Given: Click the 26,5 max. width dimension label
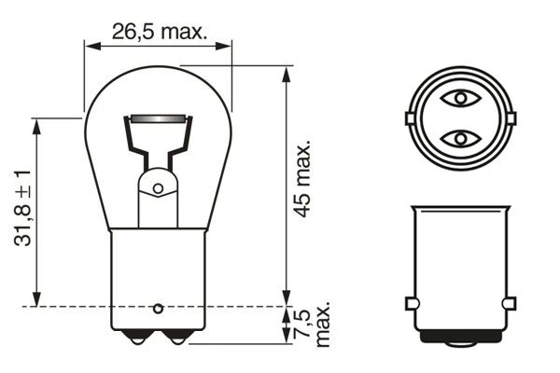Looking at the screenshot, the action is coord(160,32).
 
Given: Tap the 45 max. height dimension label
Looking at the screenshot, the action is coord(303,178).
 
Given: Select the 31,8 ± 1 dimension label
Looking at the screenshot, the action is coord(22,208).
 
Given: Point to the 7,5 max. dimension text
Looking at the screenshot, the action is coord(312,325).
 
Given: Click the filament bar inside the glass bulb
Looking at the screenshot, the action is coord(159,118).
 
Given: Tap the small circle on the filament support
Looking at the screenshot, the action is coord(158,188).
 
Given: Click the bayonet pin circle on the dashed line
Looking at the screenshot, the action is coord(158,309).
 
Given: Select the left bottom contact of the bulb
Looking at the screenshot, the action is coord(137,338).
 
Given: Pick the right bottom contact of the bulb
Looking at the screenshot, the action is coord(177,338).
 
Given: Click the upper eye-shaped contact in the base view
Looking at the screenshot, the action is coord(460,98).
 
